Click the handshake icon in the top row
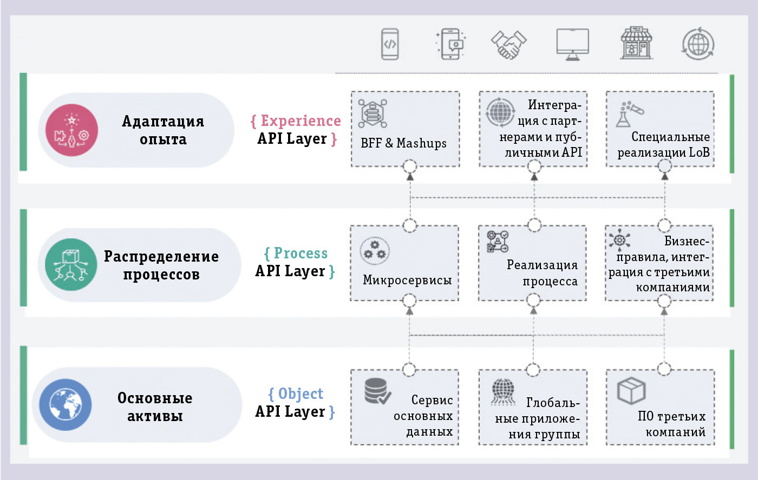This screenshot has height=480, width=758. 508,44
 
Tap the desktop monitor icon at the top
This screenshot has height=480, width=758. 572,44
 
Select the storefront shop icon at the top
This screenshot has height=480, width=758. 636,43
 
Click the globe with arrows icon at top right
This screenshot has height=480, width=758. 698,43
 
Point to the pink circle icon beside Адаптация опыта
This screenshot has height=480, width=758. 71,130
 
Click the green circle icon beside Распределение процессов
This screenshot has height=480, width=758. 71,264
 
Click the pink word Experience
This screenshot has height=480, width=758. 300,121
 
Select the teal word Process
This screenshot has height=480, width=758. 300,254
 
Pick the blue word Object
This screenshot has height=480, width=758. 300,394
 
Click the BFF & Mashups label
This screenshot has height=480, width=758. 403,143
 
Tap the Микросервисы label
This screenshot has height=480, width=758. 407,280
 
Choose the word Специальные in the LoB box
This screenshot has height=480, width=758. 670,137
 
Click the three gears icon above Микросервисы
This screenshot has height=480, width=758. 374,250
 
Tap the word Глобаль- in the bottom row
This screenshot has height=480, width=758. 552,403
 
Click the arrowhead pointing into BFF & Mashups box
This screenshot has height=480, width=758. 410,176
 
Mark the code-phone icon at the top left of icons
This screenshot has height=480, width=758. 390,44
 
